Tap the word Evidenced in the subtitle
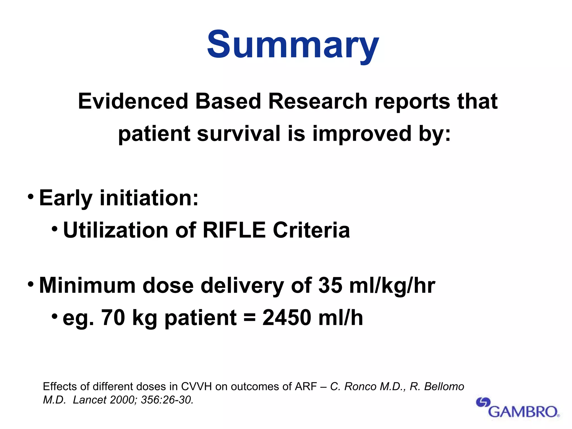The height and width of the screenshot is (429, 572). coord(133,101)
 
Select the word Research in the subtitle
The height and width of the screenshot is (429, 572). coord(318,101)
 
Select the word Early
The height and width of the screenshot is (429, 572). coord(66,198)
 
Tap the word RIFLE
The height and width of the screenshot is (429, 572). coord(234,230)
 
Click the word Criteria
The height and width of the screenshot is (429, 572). coord(311,230)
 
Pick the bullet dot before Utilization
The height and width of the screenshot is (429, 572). coord(55,229)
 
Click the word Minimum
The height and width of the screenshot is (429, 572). coord(87,286)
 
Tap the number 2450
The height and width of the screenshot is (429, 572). coord(287,318)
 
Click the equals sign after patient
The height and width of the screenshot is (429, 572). coord(249,318)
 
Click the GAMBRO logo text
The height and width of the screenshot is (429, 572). coord(523,412)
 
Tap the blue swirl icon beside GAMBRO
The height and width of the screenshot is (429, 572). coord(483,402)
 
